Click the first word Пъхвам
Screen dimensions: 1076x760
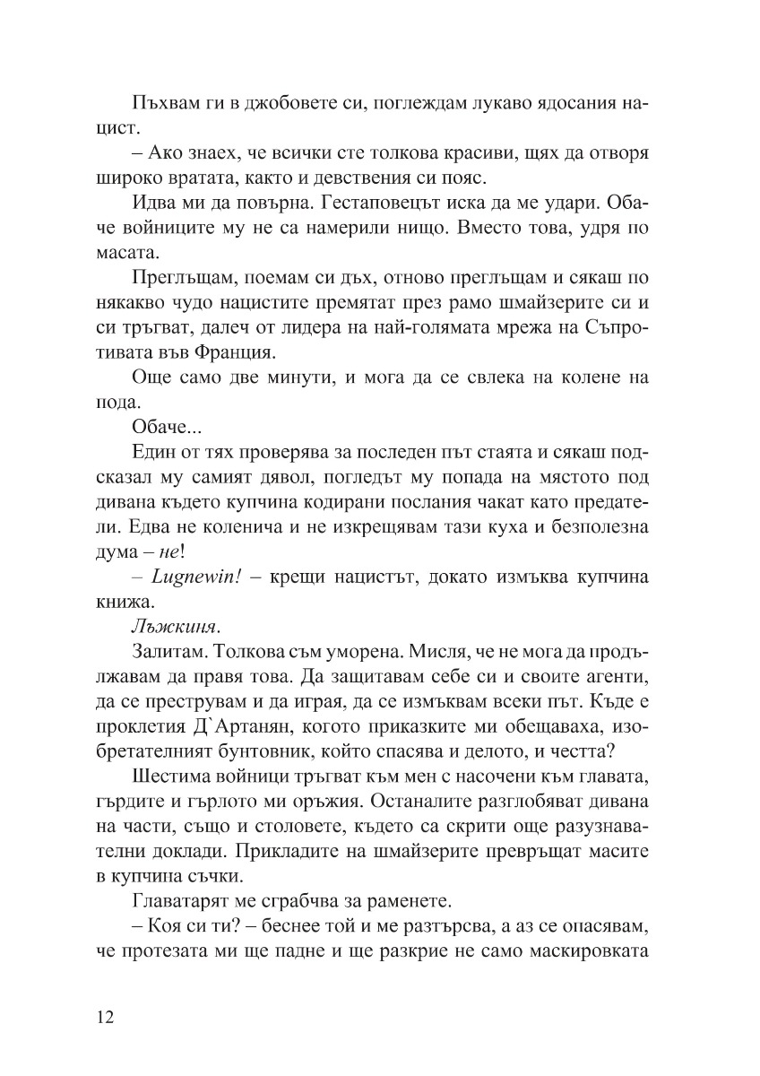click(163, 103)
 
